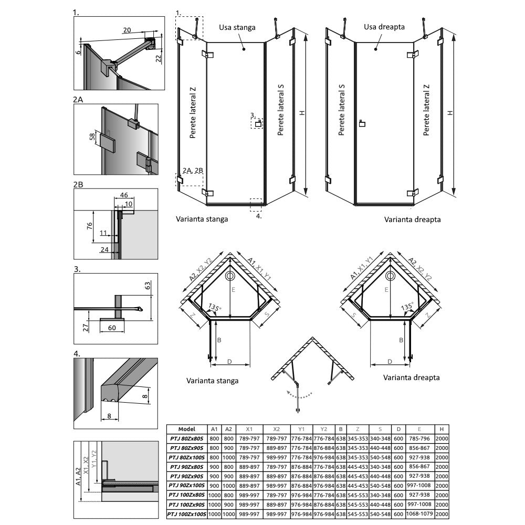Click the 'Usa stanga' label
[x=237, y=27]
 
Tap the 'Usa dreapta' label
[x=384, y=27]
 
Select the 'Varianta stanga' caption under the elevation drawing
[x=202, y=219]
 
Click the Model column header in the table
[x=187, y=429]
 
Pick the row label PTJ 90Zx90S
[x=186, y=476]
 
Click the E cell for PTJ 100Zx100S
[x=419, y=513]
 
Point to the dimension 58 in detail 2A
[x=92, y=137]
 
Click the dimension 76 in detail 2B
[x=89, y=226]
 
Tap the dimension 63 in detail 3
[x=148, y=286]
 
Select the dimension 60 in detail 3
[x=112, y=328]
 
